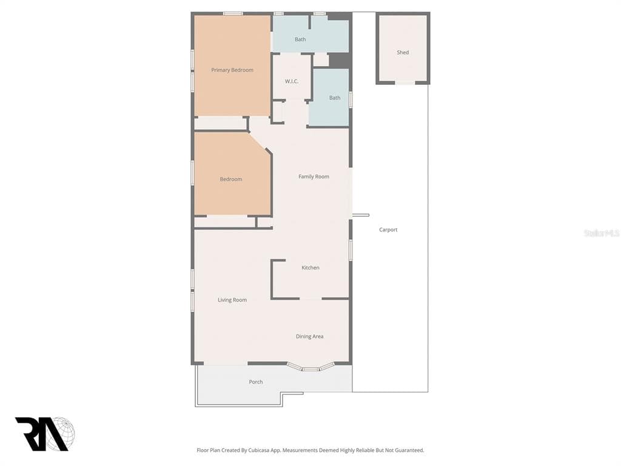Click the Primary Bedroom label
click(232, 70)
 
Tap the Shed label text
click(403, 53)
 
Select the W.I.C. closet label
click(292, 81)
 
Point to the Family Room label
click(314, 177)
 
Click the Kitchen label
click(310, 268)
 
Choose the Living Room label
click(232, 300)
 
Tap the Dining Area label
click(309, 336)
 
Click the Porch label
click(256, 382)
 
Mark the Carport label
click(388, 230)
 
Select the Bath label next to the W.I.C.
click(335, 98)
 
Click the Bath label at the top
click(300, 39)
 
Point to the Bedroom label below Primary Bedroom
click(231, 179)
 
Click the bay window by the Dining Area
click(310, 368)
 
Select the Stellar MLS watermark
click(602, 233)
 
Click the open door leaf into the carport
click(361, 215)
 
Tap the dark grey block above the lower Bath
click(340, 60)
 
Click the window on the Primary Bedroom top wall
click(232, 13)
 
